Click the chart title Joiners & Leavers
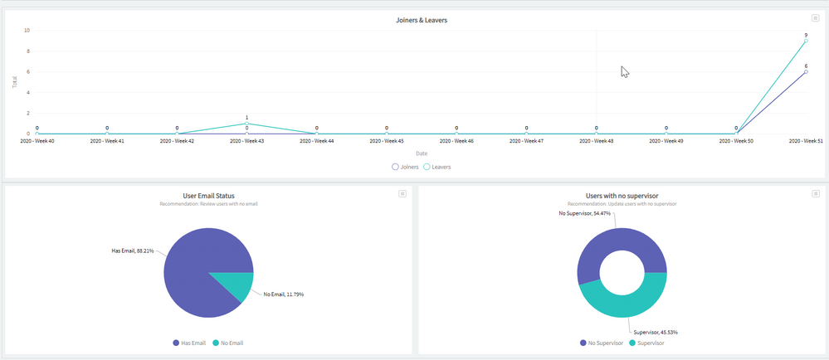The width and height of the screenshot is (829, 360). click(422, 20)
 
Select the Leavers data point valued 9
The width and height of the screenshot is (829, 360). click(806, 41)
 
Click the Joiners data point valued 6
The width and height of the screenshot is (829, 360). click(806, 71)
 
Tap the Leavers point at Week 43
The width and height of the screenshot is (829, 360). click(246, 124)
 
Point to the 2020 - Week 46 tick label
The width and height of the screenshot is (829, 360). click(456, 141)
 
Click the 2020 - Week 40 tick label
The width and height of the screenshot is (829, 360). click(37, 141)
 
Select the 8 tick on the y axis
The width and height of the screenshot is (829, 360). click(27, 51)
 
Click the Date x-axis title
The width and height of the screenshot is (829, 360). click(422, 153)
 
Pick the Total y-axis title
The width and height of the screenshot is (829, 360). click(15, 82)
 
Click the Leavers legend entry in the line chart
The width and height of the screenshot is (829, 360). click(437, 167)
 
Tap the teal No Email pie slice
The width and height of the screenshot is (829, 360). click(231, 285)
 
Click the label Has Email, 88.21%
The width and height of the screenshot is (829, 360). click(133, 250)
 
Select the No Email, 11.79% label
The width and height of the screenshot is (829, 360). click(283, 294)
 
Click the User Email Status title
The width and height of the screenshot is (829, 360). click(208, 196)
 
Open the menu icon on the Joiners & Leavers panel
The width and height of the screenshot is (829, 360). click(817, 18)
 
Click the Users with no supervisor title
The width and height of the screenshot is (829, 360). click(622, 196)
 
